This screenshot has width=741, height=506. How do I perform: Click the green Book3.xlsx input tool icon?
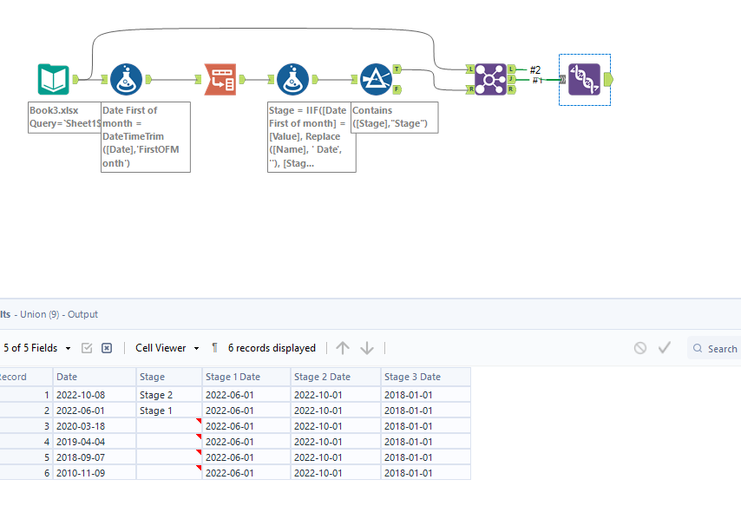pyautogui.click(x=53, y=79)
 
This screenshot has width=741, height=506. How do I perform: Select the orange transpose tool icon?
pyautogui.click(x=220, y=79)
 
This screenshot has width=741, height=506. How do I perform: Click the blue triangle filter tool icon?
pyautogui.click(x=376, y=79)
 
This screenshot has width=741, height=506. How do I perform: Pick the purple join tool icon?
pyautogui.click(x=490, y=79)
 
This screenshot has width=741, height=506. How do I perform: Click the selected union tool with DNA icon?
pyautogui.click(x=584, y=79)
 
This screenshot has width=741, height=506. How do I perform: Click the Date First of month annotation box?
pyautogui.click(x=145, y=136)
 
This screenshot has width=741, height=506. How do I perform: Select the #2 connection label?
pyautogui.click(x=535, y=69)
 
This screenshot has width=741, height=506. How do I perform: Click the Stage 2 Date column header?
pyautogui.click(x=322, y=377)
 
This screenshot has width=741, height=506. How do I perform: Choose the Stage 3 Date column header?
pyautogui.click(x=413, y=377)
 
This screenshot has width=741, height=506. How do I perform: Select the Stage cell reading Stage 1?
pyautogui.click(x=156, y=411)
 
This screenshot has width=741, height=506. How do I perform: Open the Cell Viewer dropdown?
pyautogui.click(x=167, y=348)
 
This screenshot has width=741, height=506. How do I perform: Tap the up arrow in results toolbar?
pyautogui.click(x=343, y=348)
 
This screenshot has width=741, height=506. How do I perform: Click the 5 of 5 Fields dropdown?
pyautogui.click(x=36, y=348)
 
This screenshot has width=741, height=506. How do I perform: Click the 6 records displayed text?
pyautogui.click(x=272, y=348)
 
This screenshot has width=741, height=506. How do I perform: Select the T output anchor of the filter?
pyautogui.click(x=397, y=69)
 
